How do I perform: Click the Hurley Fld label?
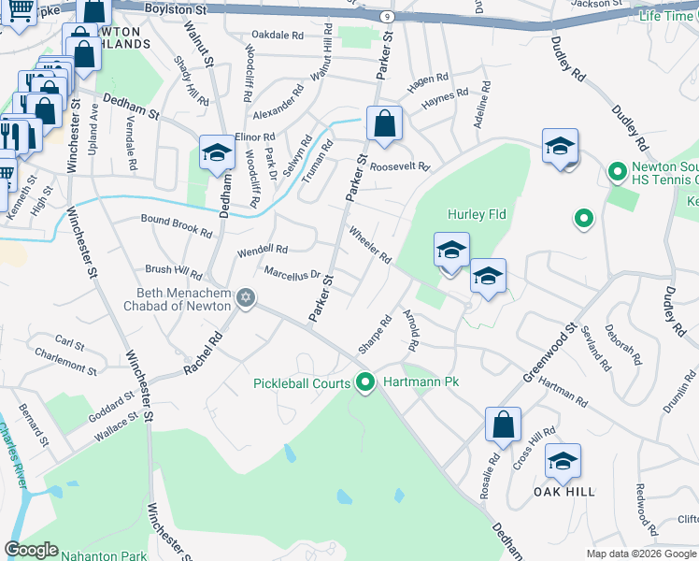pyautogui.click(x=476, y=214)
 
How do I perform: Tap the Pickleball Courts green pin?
pyautogui.click(x=364, y=383)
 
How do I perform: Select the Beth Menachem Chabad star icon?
pyautogui.click(x=246, y=298)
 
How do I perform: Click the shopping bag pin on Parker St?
pyautogui.click(x=384, y=123)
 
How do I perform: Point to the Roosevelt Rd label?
pyautogui.click(x=399, y=167)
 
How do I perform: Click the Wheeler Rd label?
pyautogui.click(x=369, y=244)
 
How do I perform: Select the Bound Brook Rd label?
pyautogui.click(x=177, y=225)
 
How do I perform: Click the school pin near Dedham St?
pyautogui.click(x=217, y=152)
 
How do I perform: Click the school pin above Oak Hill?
pyautogui.click(x=563, y=461)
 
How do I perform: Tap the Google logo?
pyautogui.click(x=31, y=550)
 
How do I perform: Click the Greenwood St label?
pyautogui.click(x=549, y=353)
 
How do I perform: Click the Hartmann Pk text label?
pyautogui.click(x=411, y=383)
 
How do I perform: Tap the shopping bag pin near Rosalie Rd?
pyautogui.click(x=503, y=424)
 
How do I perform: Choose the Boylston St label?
pyautogui.click(x=176, y=8)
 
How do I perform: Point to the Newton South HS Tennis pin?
pyautogui.click(x=617, y=172)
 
